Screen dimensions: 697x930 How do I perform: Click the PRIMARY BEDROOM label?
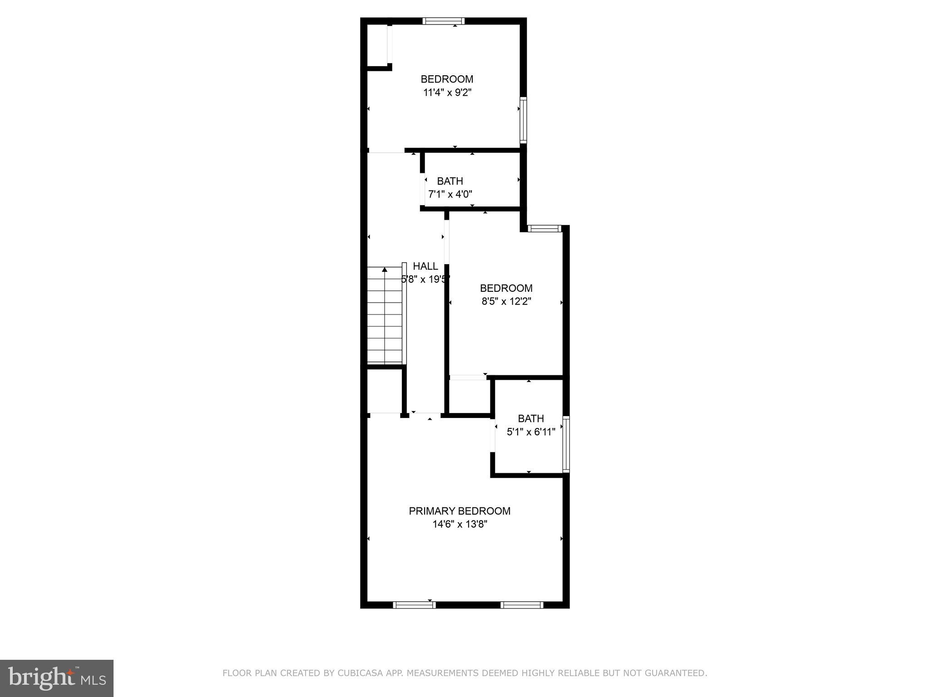point(460,511)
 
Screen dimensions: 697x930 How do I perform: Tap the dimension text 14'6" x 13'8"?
point(460,525)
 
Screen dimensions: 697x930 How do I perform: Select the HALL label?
point(425,266)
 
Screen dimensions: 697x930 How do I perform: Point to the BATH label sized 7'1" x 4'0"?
point(450,181)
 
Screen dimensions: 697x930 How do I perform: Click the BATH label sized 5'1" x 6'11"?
point(531,418)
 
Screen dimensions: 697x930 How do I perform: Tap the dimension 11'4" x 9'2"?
point(447,93)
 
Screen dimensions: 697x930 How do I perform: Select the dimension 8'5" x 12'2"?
point(506,301)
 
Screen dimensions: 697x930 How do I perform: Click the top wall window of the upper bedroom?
point(443,21)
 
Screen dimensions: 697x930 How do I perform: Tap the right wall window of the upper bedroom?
point(523,120)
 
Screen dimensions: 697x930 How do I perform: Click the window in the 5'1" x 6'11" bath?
point(566,444)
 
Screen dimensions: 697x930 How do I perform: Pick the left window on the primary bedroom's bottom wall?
point(414,605)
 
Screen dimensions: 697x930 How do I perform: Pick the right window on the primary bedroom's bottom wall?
point(522,605)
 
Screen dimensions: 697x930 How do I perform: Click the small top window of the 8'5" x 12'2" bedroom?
point(544,229)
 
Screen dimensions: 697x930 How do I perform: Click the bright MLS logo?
point(57,678)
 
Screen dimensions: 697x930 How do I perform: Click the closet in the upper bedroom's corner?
point(377,45)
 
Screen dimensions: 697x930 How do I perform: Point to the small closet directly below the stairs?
point(384,391)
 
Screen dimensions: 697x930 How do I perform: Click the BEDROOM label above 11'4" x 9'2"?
point(447,79)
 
